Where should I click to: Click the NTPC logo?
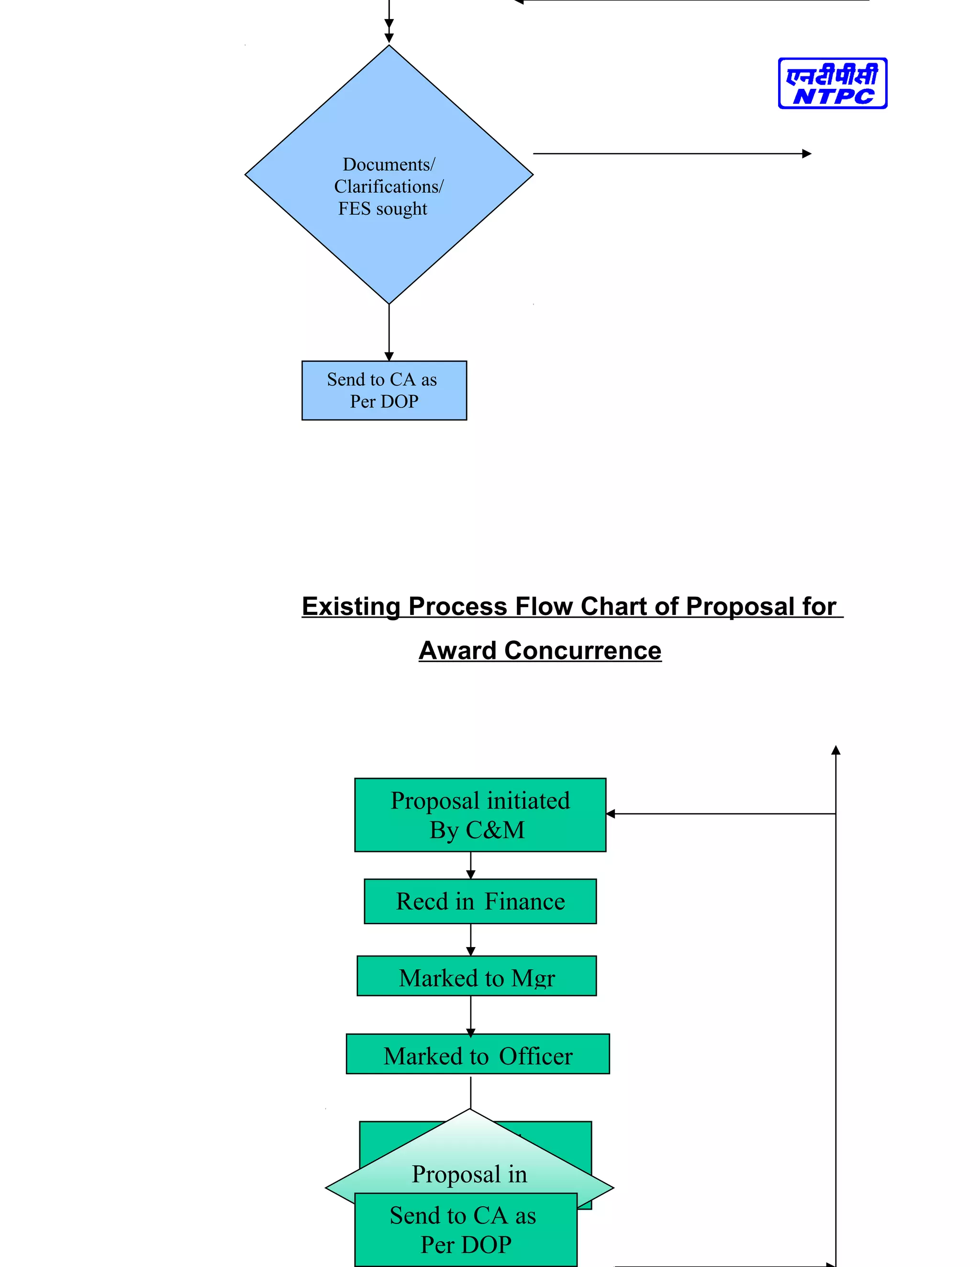(x=832, y=83)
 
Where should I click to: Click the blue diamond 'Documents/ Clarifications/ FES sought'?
(x=389, y=186)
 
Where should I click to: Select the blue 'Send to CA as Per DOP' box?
(x=384, y=391)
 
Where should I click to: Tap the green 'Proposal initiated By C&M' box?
(x=480, y=815)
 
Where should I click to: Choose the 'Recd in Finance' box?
(x=480, y=901)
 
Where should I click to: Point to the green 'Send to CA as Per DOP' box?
(x=466, y=1230)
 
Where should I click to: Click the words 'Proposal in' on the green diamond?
(x=469, y=1174)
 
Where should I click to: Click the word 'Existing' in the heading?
(x=351, y=606)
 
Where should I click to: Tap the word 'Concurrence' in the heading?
(x=582, y=650)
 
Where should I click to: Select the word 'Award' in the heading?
(x=458, y=650)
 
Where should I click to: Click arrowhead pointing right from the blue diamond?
(x=806, y=154)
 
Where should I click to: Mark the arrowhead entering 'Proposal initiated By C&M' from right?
(x=611, y=814)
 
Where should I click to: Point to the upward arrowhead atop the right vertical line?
(x=835, y=750)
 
